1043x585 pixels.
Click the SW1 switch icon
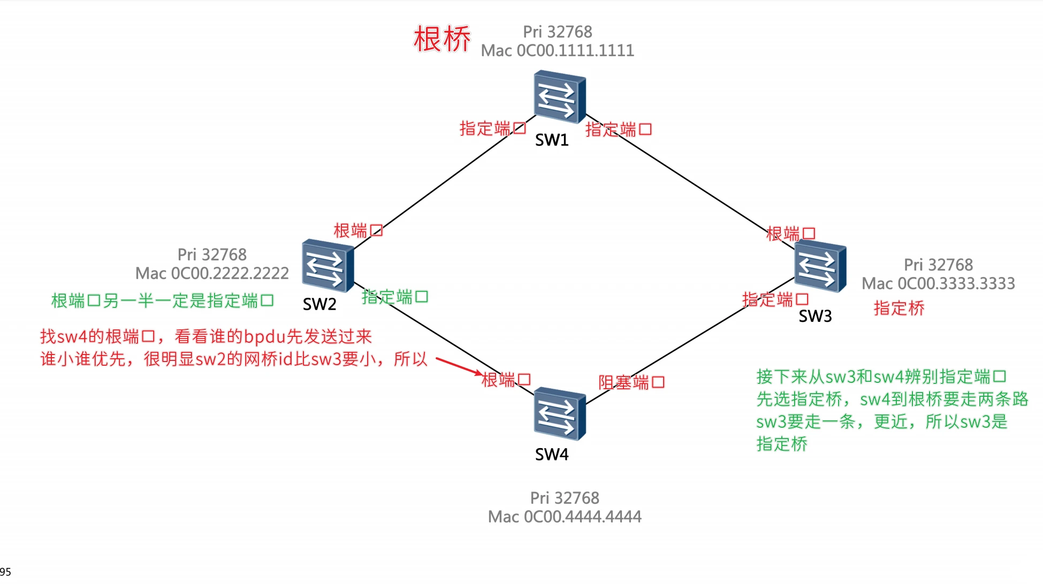point(559,97)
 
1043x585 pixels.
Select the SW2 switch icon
point(328,265)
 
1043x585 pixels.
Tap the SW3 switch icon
point(820,266)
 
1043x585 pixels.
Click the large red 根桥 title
point(441,39)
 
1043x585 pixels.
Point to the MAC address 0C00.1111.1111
point(575,51)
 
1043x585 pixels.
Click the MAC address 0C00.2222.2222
point(230,274)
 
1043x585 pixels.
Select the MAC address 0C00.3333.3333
point(956,283)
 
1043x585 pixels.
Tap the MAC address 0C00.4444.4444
point(582,517)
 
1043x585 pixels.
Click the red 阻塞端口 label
point(631,382)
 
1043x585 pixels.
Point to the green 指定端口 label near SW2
point(395,297)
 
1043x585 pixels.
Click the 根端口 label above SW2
point(358,231)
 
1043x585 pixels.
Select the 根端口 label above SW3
point(790,234)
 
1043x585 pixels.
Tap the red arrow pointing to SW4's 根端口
point(459,366)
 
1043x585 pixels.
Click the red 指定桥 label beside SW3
point(899,308)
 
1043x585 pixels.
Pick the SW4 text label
point(552,455)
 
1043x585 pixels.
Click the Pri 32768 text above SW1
point(557,32)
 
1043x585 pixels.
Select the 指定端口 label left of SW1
point(492,128)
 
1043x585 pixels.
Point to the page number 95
point(5,572)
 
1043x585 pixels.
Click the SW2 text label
point(319,304)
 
